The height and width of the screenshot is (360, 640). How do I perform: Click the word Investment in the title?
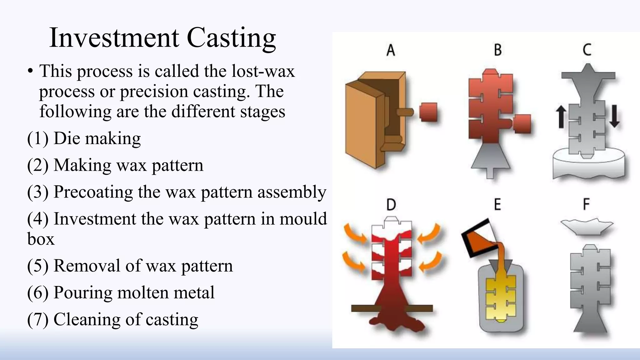click(114, 38)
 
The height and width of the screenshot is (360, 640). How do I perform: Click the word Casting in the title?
click(231, 38)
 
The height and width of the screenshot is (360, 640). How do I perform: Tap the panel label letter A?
click(391, 50)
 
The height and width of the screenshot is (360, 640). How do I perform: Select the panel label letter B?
click(497, 50)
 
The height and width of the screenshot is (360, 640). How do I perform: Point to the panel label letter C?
click(587, 50)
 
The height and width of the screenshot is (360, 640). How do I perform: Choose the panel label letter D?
click(391, 205)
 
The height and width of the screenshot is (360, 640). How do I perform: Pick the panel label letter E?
click(497, 205)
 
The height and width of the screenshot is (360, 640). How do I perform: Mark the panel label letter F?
click(586, 204)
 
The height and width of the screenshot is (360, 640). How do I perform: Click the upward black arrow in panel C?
click(561, 117)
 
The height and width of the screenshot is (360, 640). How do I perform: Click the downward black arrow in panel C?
click(614, 116)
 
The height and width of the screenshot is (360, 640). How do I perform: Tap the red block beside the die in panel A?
click(428, 112)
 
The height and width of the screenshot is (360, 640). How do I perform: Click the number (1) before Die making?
click(38, 138)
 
